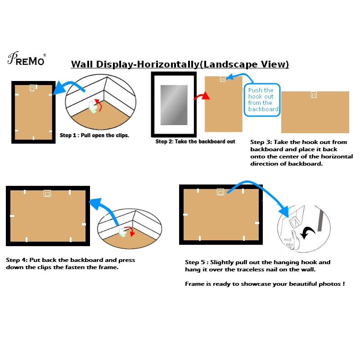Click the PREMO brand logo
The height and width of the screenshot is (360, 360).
tap(27, 58)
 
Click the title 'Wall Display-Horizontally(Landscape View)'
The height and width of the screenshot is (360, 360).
tap(180, 64)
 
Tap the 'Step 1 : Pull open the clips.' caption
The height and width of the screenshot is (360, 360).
tap(94, 135)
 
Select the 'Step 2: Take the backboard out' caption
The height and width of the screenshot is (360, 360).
tap(195, 141)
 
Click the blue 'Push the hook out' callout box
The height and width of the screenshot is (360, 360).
tap(261, 100)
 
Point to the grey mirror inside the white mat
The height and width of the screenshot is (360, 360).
tap(174, 104)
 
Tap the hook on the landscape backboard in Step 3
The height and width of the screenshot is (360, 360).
tap(314, 95)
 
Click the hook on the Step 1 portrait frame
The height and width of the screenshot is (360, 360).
tap(32, 88)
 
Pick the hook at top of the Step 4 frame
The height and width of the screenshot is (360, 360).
tap(47, 193)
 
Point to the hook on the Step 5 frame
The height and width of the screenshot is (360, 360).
tap(220, 192)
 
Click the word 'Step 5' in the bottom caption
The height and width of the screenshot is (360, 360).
tap(196, 262)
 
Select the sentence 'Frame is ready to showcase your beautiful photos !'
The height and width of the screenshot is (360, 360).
tap(265, 284)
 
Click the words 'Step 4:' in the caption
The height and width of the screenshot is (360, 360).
tap(17, 260)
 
